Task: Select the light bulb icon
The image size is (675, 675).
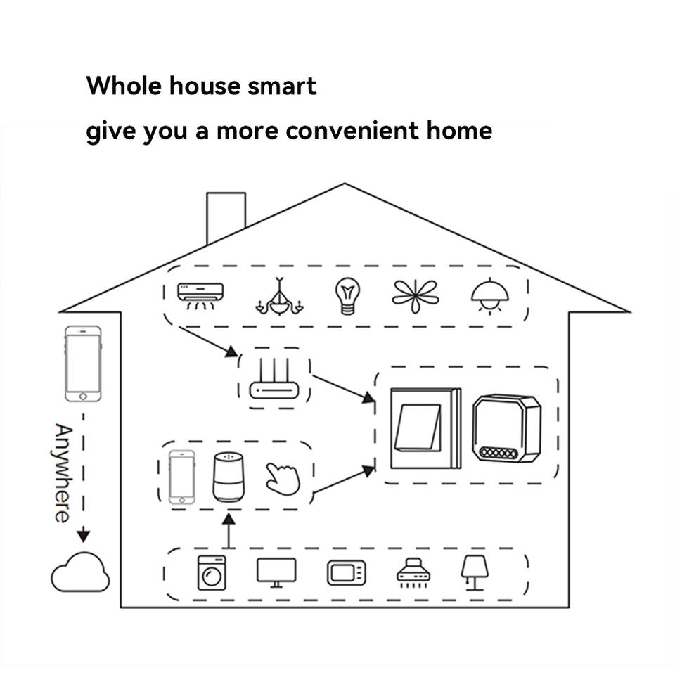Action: (347, 296)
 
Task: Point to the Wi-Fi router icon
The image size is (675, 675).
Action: (275, 378)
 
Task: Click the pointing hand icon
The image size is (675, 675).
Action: (283, 478)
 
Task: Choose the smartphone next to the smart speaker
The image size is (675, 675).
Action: (181, 476)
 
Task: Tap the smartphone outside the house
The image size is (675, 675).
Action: (84, 363)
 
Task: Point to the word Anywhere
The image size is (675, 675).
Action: (62, 473)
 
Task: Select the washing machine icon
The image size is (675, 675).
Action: (212, 572)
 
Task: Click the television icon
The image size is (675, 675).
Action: (276, 572)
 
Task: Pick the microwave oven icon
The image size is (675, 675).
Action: (347, 572)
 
